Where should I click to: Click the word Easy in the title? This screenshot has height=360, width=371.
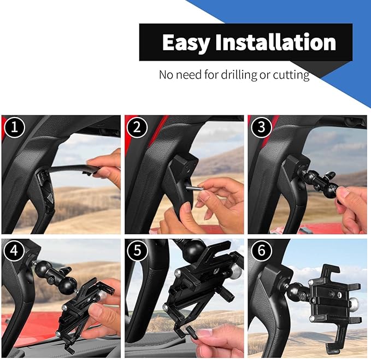186,43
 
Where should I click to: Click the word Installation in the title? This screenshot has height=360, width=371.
275,42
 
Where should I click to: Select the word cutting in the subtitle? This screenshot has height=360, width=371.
291,75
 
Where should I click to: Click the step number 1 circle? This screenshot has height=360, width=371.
14,127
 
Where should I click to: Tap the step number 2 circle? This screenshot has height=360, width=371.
137,127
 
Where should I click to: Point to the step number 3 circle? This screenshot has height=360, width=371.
261,127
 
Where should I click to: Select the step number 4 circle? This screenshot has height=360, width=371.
14,250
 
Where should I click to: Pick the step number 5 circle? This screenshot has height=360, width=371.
137,250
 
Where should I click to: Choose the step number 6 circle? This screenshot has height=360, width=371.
262,250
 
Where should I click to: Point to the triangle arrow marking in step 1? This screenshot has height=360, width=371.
50,197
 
